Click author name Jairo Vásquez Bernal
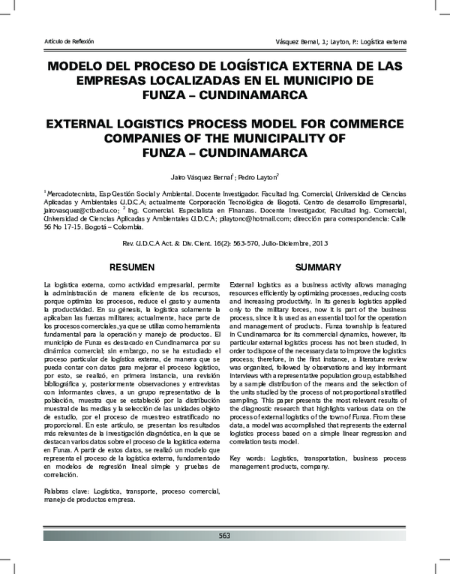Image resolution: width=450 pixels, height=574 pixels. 200,177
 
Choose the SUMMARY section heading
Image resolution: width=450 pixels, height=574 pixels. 318,267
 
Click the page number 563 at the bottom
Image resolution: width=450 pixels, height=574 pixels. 224,535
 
